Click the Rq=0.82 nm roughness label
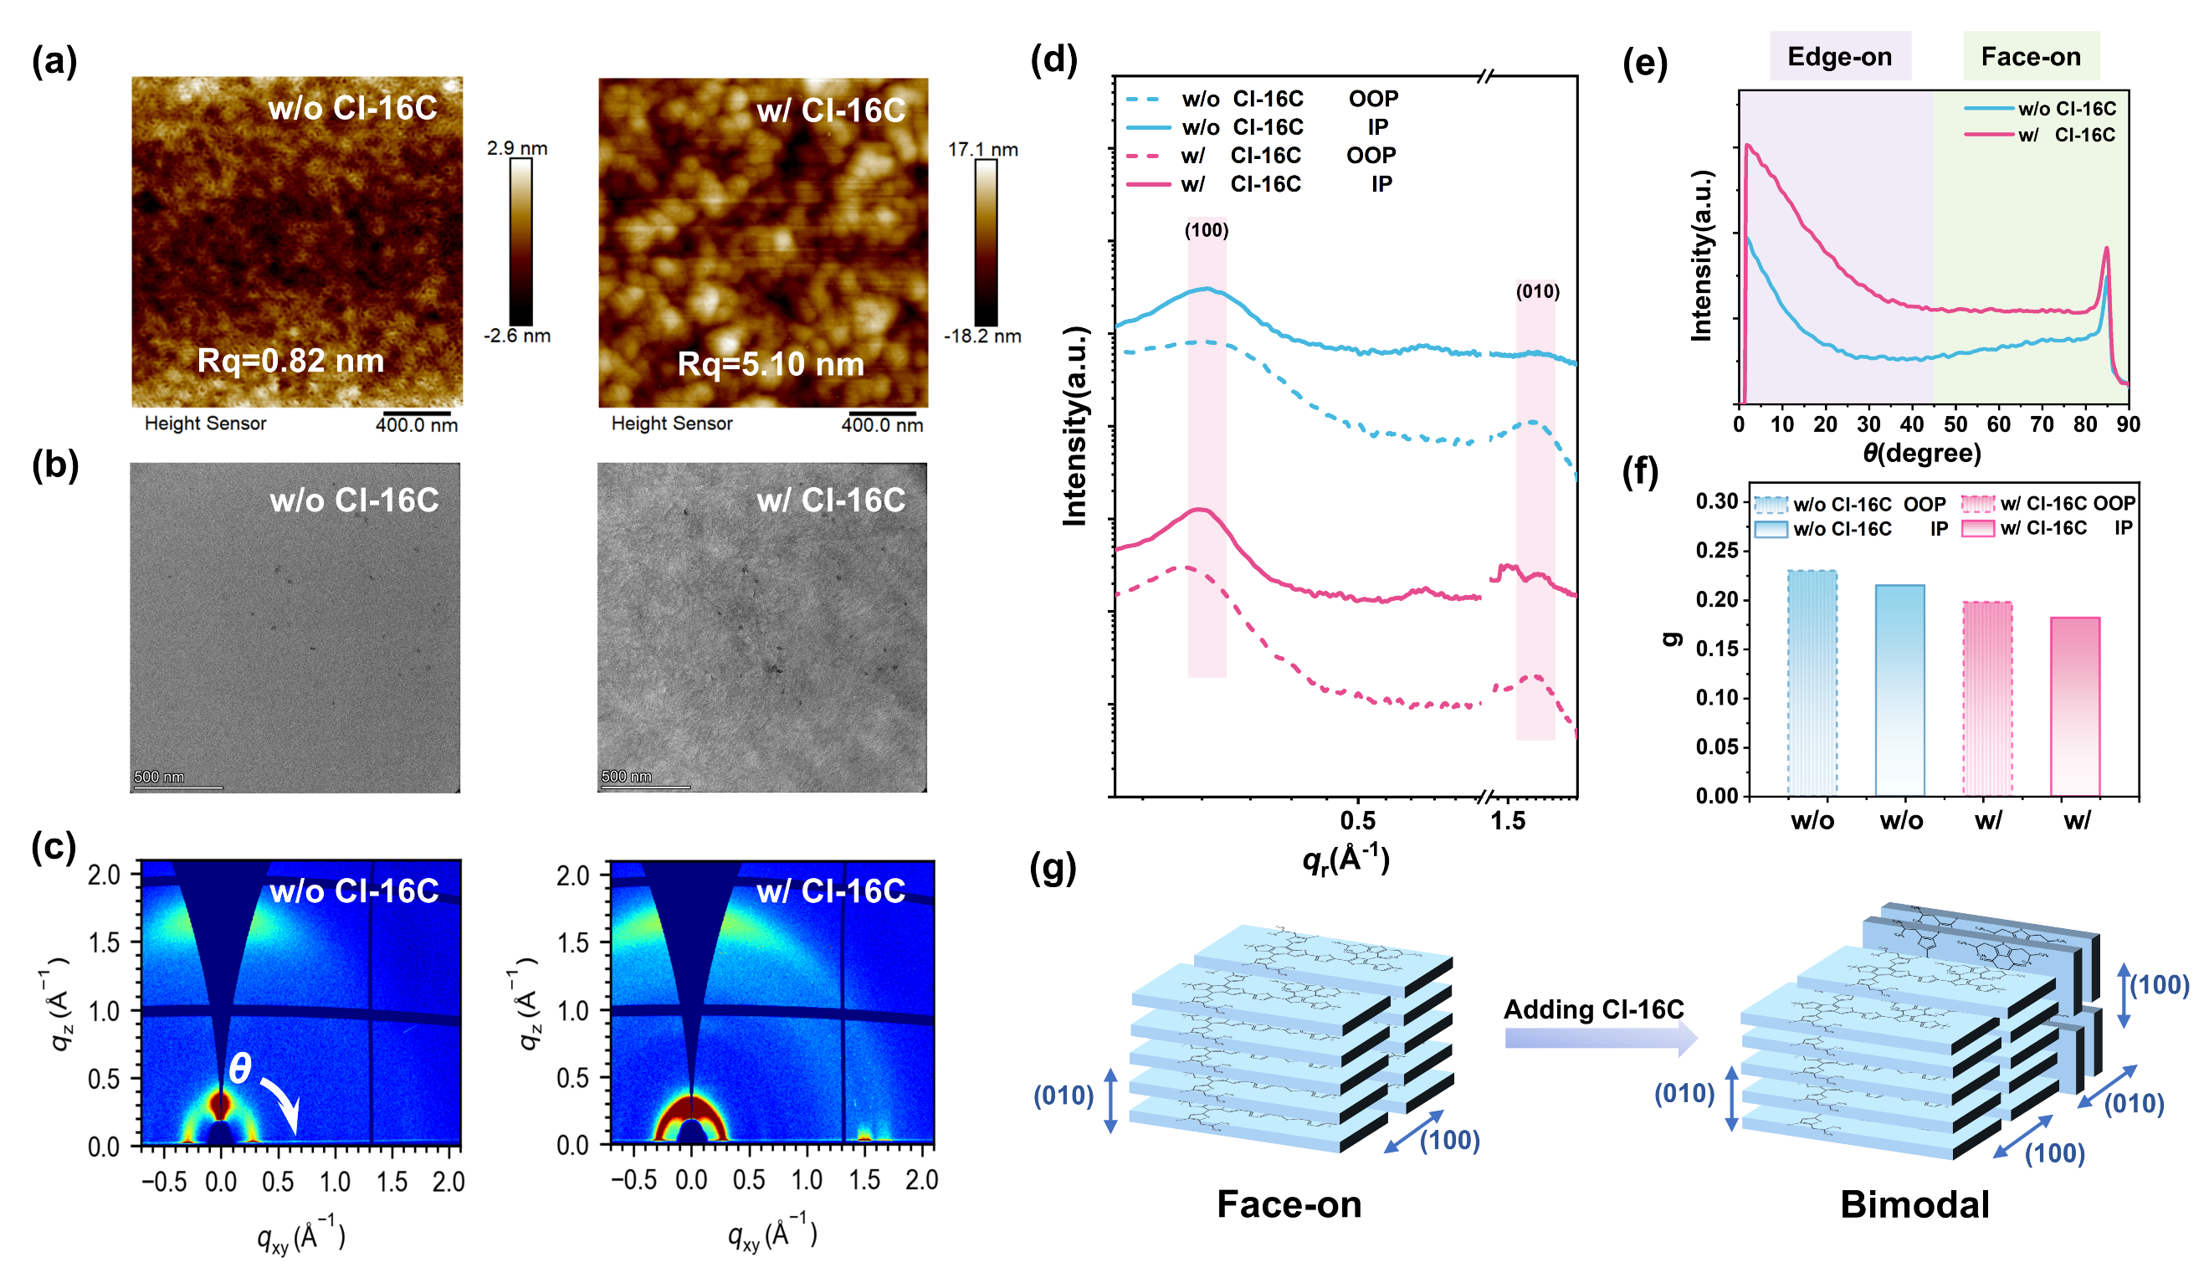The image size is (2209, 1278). (290, 360)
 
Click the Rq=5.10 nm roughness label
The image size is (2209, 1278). (771, 364)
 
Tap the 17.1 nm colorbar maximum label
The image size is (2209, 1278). (982, 150)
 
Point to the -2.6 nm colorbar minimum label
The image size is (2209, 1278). (517, 336)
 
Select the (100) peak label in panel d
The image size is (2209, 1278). (1207, 230)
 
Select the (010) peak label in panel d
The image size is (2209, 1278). (1538, 292)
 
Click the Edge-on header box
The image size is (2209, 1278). (1839, 57)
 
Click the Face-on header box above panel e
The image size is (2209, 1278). (2030, 57)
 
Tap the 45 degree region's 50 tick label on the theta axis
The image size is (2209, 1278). (1955, 424)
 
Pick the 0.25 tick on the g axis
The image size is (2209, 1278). (1716, 552)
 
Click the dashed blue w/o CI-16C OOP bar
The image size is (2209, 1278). (1812, 683)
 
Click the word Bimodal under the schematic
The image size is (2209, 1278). (1914, 1205)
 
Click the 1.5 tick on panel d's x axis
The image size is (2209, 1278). (1508, 821)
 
